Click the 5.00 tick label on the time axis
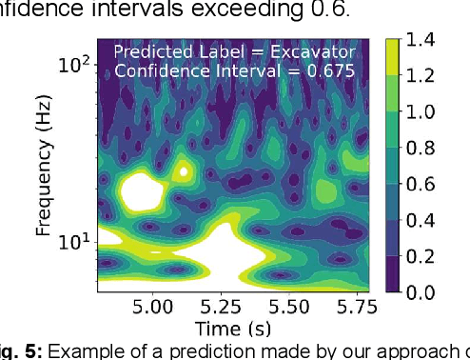tap(154, 308)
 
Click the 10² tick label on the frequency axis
tap(75, 66)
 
